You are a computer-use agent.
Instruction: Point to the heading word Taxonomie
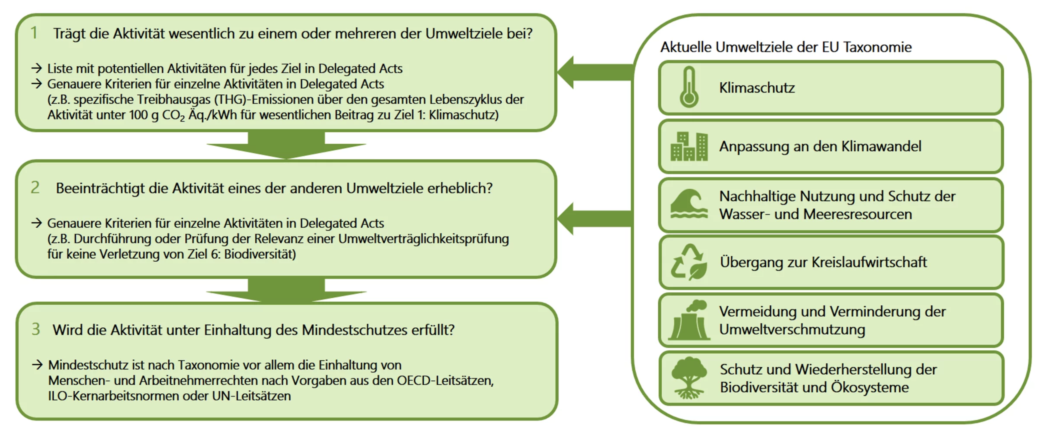pyautogui.click(x=877, y=47)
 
